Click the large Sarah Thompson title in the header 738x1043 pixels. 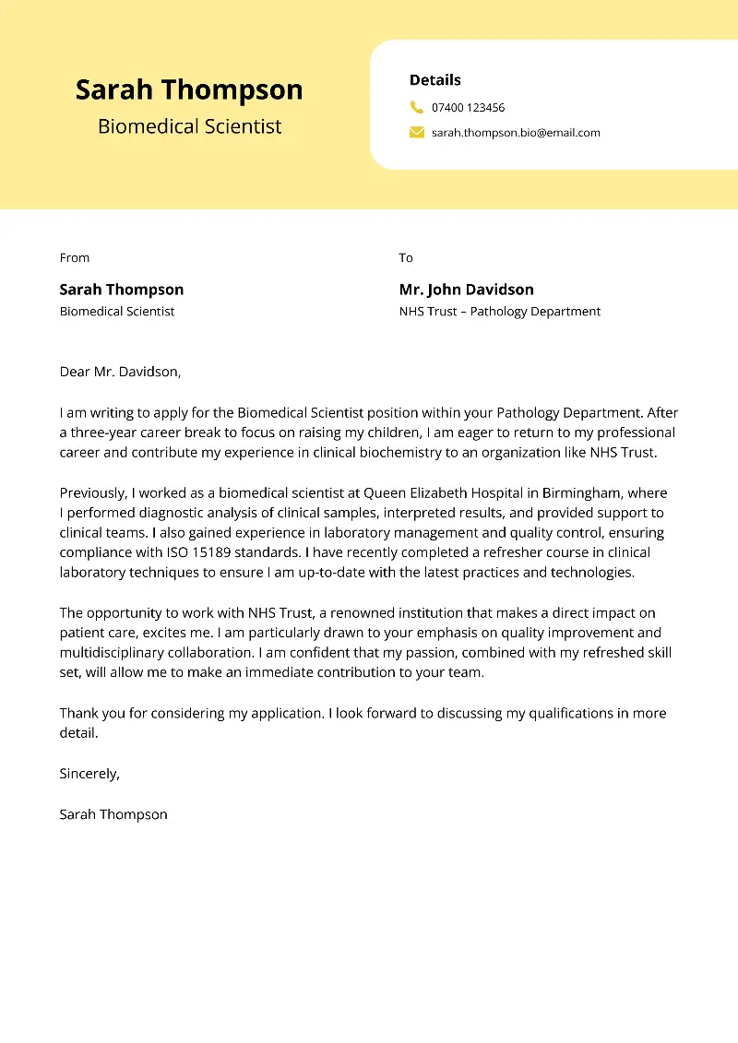(x=189, y=89)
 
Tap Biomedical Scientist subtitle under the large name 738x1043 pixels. (x=189, y=126)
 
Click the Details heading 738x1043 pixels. (x=434, y=80)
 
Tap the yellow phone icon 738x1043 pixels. (x=416, y=107)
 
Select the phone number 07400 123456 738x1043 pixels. (x=468, y=108)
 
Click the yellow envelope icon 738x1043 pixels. (x=416, y=133)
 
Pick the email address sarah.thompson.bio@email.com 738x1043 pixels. (x=516, y=133)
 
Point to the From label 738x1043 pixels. (x=75, y=258)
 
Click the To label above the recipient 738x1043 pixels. (x=406, y=258)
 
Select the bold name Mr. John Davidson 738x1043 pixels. (x=466, y=290)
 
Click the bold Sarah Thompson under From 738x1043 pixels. (x=122, y=290)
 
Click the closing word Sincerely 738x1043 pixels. (x=89, y=774)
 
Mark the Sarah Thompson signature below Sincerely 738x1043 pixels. (x=113, y=814)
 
